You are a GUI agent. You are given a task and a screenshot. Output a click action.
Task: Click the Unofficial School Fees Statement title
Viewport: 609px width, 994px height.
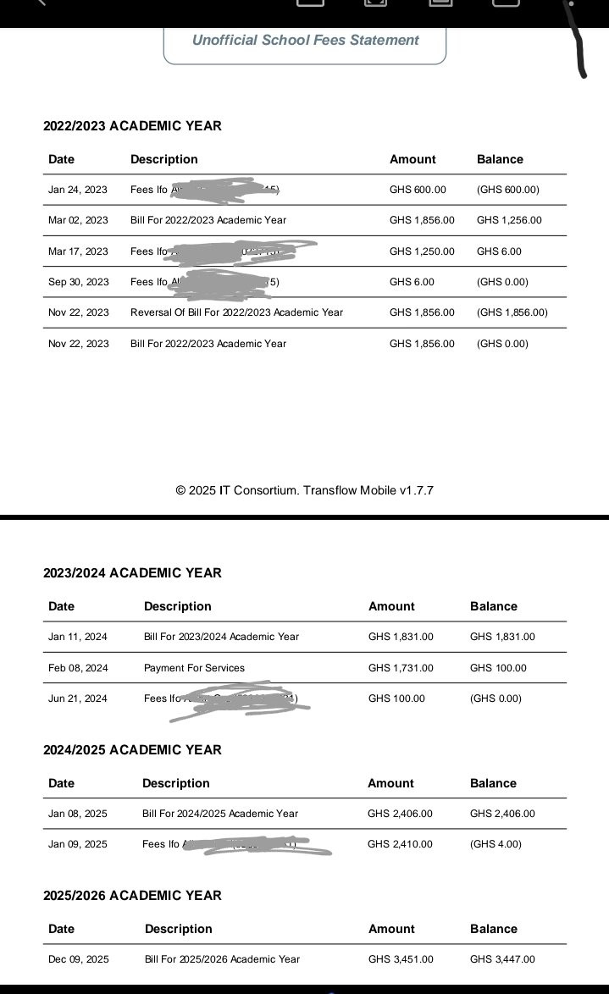(305, 40)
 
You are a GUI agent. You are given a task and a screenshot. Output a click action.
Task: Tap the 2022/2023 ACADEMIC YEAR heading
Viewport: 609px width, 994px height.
(132, 126)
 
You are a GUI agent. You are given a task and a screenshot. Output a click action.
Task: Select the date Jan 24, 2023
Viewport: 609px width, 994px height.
(78, 190)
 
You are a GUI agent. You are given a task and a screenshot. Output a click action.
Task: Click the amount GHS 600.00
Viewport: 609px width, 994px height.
(418, 190)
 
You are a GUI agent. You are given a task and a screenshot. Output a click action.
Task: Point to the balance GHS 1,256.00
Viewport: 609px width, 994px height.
(509, 220)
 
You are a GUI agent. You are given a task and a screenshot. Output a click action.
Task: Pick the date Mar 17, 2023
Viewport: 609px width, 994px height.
(78, 251)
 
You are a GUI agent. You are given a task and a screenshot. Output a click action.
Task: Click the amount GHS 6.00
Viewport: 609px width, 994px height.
(412, 282)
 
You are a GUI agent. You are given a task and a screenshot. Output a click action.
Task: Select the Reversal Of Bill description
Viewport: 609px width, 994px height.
(236, 312)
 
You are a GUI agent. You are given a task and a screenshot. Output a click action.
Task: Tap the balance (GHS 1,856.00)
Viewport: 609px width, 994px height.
(512, 312)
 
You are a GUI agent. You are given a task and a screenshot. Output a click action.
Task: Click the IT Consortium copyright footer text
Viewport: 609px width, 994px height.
(305, 490)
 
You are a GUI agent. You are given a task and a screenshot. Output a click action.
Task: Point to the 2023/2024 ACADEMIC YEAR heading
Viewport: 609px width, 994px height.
(132, 573)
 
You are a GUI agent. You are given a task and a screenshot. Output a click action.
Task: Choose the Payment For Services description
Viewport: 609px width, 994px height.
(194, 668)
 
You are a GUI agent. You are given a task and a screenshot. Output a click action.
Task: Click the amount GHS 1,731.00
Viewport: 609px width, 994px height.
(401, 668)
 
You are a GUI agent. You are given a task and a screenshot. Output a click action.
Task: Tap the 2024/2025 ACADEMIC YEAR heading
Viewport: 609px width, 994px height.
(132, 750)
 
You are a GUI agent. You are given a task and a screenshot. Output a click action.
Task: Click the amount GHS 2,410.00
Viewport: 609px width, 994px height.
(400, 844)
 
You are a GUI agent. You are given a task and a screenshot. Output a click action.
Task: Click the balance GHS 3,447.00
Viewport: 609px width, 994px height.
(502, 959)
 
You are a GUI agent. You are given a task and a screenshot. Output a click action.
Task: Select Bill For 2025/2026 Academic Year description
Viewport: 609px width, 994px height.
(222, 959)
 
